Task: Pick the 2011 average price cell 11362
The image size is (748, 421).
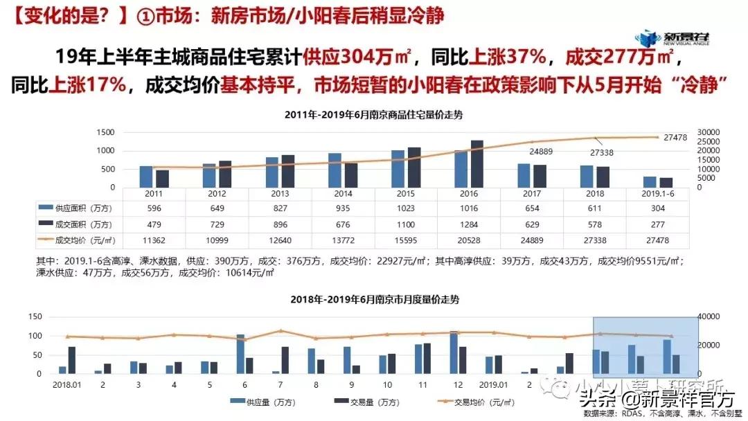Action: pos(152,240)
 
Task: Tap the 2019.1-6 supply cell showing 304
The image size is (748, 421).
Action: pos(657,208)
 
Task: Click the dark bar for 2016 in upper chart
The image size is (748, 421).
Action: pos(477,163)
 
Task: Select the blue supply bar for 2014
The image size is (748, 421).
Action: pos(335,170)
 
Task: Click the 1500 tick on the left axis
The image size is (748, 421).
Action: pos(105,132)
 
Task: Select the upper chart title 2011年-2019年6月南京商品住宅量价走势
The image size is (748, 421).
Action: pos(373,115)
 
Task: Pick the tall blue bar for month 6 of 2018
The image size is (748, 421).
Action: pos(240,354)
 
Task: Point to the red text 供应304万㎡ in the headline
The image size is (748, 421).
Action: pos(356,54)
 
